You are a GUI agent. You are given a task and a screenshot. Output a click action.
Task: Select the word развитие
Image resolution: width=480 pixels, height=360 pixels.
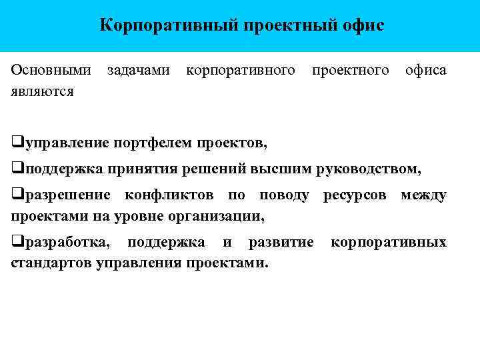point(280,241)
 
